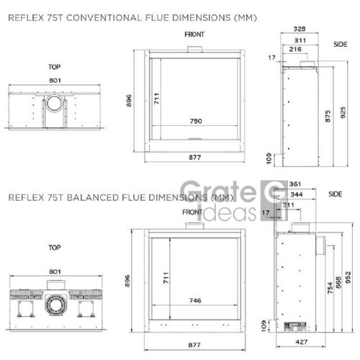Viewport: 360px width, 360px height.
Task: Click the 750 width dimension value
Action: point(196,121)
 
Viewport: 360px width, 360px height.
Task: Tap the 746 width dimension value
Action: point(195,300)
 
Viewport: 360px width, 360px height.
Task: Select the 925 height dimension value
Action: point(343,112)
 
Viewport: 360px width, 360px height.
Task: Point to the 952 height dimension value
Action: point(348,277)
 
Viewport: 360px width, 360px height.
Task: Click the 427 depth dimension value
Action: point(302,342)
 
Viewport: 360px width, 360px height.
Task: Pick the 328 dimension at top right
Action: point(300,29)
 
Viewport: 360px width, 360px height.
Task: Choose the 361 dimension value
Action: point(295,184)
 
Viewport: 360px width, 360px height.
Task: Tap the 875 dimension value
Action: point(328,116)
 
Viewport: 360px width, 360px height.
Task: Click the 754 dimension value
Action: point(330,288)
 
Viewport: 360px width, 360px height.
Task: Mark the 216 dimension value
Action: point(295,49)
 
